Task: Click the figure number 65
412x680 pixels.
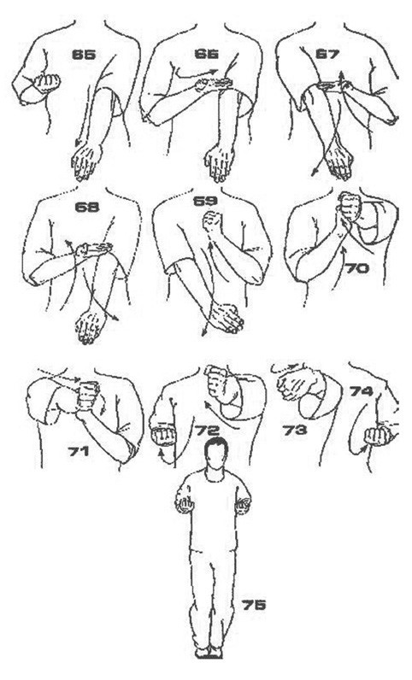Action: pyautogui.click(x=84, y=55)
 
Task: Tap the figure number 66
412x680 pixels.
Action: pyautogui.click(x=207, y=54)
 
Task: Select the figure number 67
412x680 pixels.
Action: pyautogui.click(x=327, y=54)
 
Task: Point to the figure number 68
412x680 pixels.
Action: pyautogui.click(x=87, y=207)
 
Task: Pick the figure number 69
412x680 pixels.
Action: pyautogui.click(x=205, y=202)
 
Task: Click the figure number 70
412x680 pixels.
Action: pyautogui.click(x=356, y=268)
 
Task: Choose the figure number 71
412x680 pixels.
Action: pyautogui.click(x=79, y=451)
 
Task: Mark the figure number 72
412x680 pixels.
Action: pyautogui.click(x=207, y=431)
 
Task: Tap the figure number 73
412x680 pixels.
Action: pyautogui.click(x=295, y=431)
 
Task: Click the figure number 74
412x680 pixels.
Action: pyautogui.click(x=362, y=391)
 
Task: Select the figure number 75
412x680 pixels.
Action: pyautogui.click(x=254, y=605)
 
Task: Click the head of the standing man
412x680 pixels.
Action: pyautogui.click(x=216, y=453)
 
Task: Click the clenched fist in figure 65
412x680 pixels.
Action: pyautogui.click(x=46, y=82)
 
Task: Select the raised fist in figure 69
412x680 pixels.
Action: pyautogui.click(x=213, y=222)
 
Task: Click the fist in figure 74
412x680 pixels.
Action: pyautogui.click(x=376, y=437)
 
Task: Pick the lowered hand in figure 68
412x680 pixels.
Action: pyautogui.click(x=91, y=325)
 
